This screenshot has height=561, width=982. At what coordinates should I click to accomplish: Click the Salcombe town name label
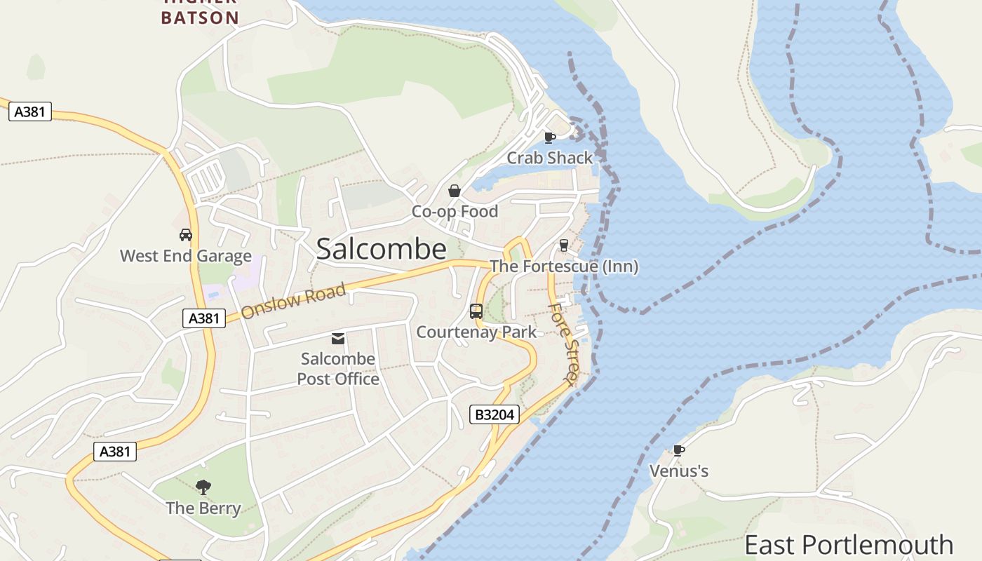click(381, 249)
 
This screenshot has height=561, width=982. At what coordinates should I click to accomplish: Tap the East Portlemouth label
click(849, 545)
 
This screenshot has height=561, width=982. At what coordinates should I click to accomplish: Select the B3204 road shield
click(495, 414)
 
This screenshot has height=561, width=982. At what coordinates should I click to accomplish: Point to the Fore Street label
click(563, 343)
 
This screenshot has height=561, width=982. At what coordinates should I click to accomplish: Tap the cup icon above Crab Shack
click(550, 137)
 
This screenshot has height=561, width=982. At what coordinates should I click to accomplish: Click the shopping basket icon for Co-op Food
click(455, 191)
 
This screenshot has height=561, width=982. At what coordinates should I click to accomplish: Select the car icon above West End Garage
click(186, 235)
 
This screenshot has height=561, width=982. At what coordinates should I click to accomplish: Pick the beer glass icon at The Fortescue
click(563, 245)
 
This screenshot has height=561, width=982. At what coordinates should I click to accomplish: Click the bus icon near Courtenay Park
click(476, 311)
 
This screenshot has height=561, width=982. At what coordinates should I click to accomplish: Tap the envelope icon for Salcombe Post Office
click(338, 339)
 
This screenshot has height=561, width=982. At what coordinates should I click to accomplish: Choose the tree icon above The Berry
click(203, 487)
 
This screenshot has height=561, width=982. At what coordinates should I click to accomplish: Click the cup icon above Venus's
click(678, 450)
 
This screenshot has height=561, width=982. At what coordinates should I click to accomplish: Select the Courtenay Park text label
click(476, 332)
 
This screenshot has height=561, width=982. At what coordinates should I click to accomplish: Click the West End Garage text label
click(186, 256)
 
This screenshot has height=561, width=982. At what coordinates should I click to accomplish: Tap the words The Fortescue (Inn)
click(564, 266)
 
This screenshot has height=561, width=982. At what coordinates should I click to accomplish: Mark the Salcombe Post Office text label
click(338, 369)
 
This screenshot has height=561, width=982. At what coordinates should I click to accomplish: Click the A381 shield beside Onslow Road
click(204, 318)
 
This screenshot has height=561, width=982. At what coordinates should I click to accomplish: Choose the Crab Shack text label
click(550, 158)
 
